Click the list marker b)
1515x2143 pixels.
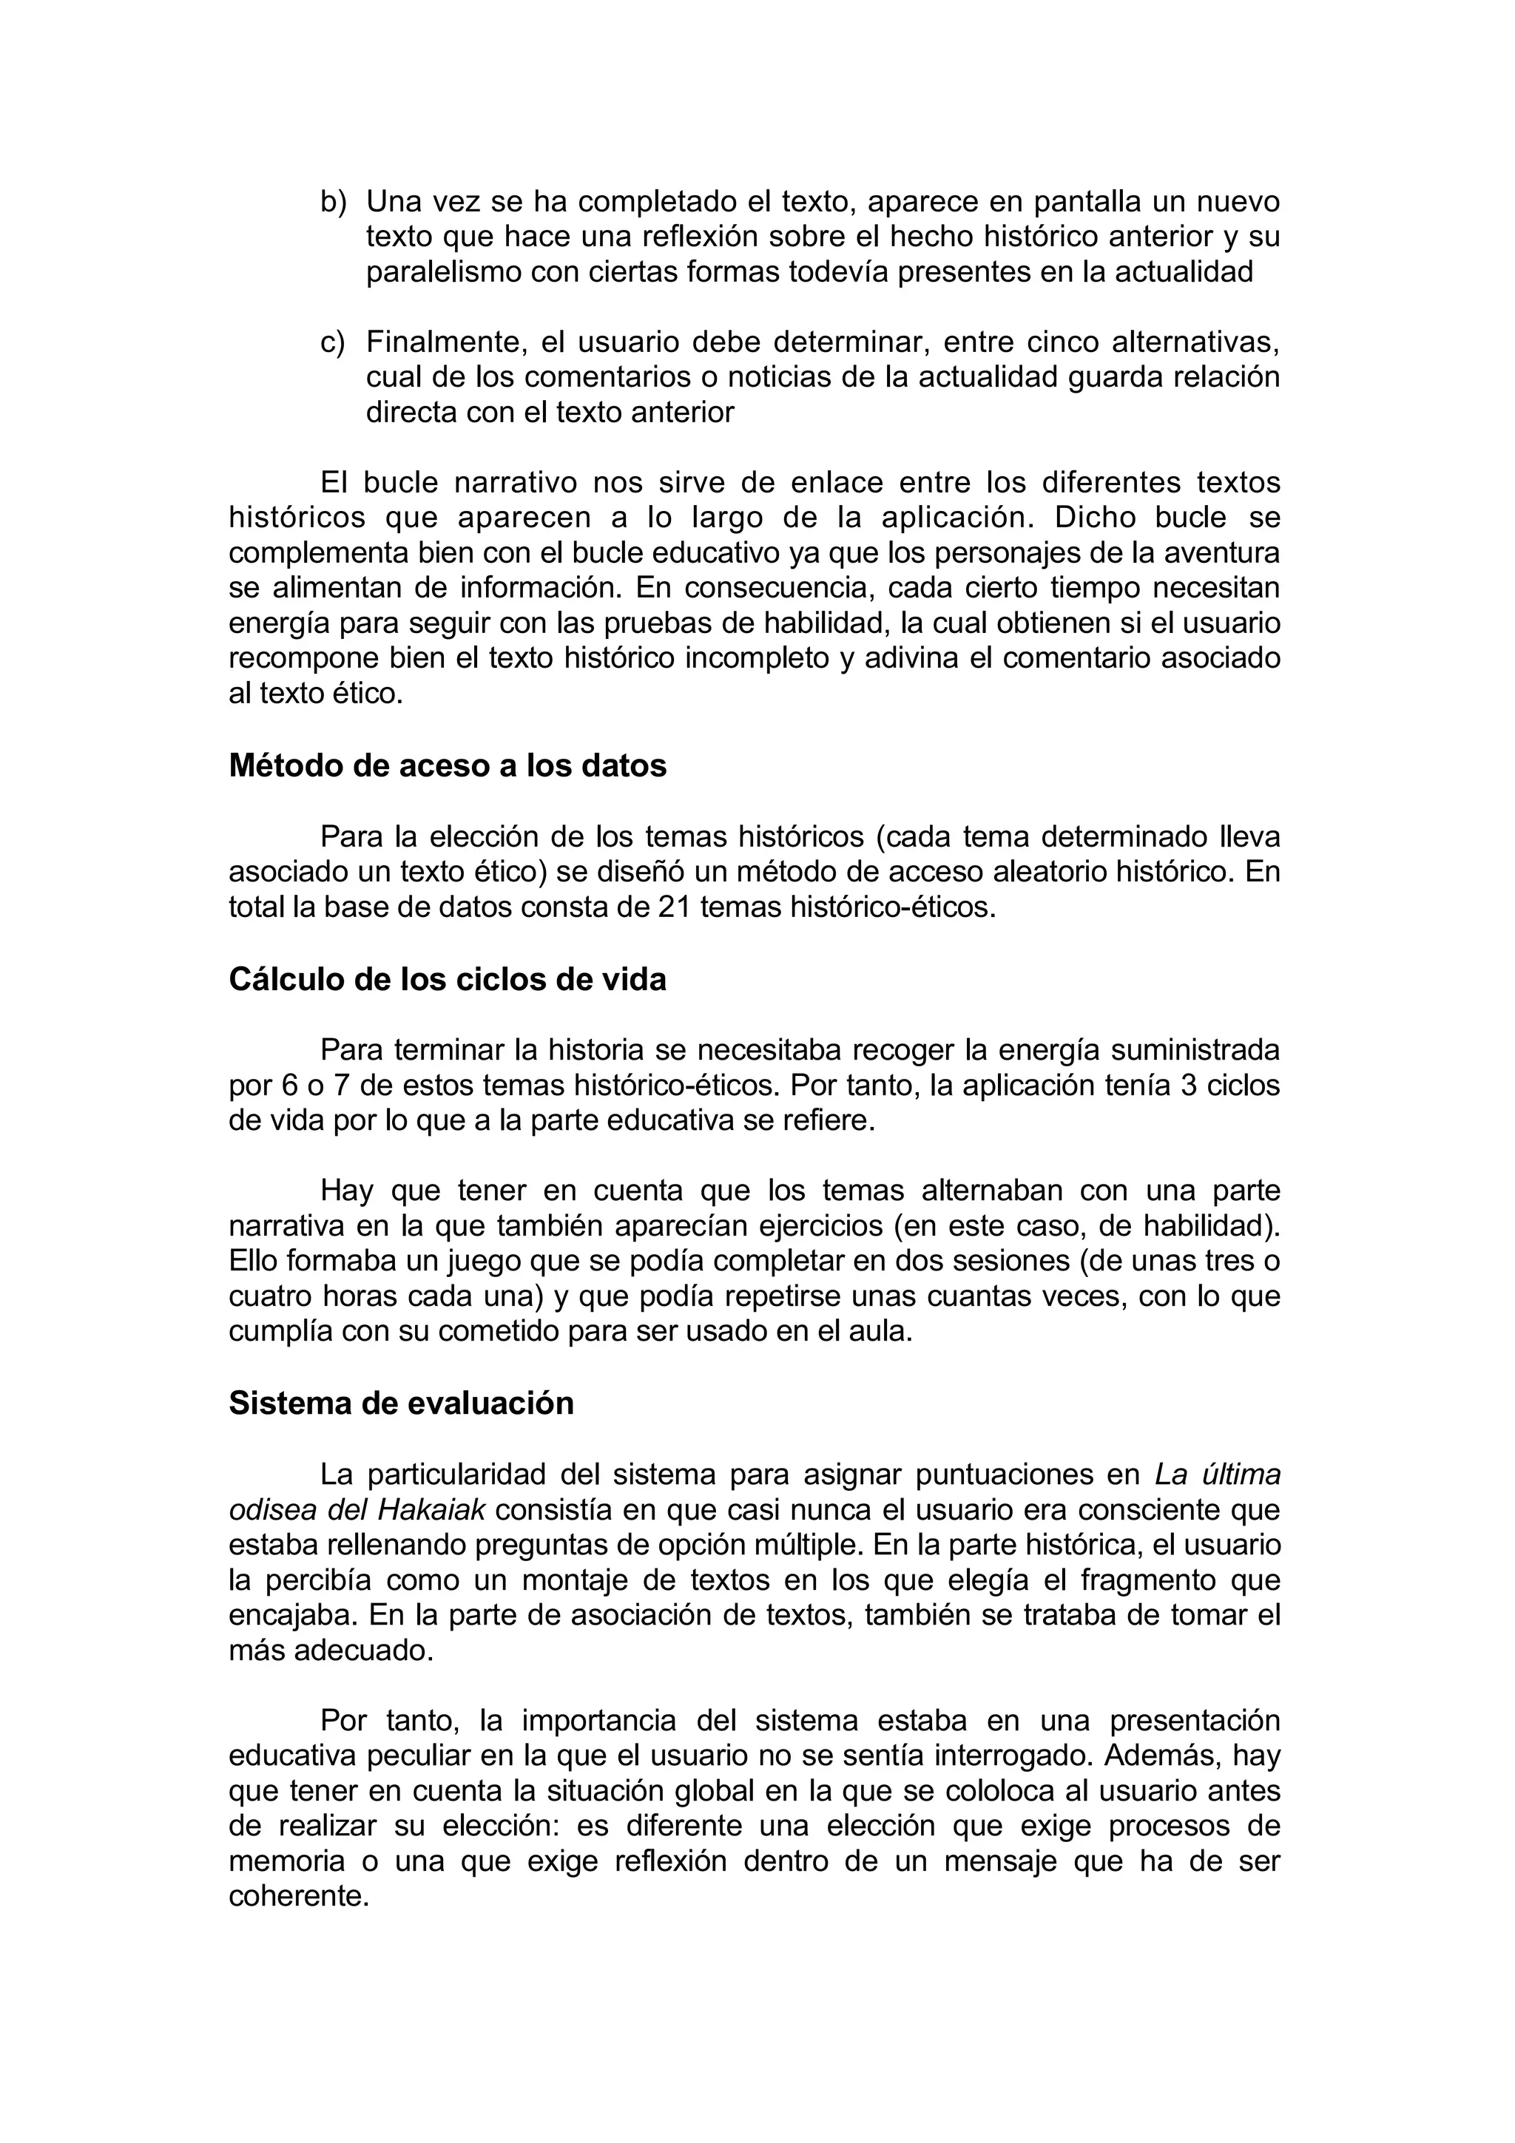332,202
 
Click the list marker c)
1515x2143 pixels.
332,342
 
